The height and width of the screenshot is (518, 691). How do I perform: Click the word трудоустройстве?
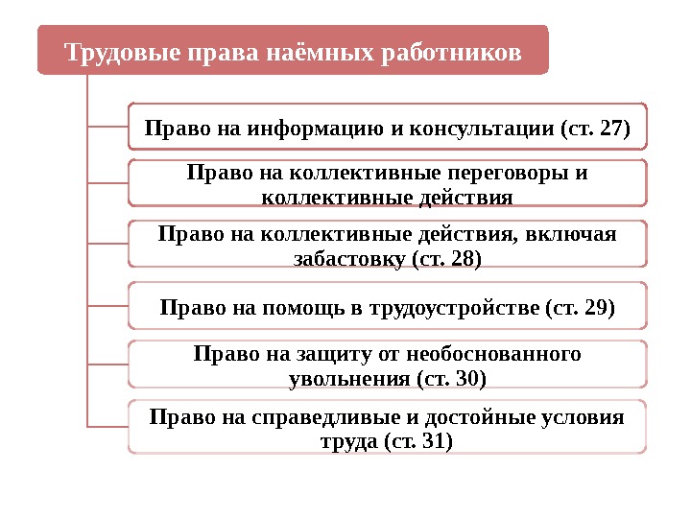point(450,308)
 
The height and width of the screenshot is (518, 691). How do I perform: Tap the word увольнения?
point(349,379)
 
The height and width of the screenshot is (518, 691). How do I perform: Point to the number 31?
point(433,442)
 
